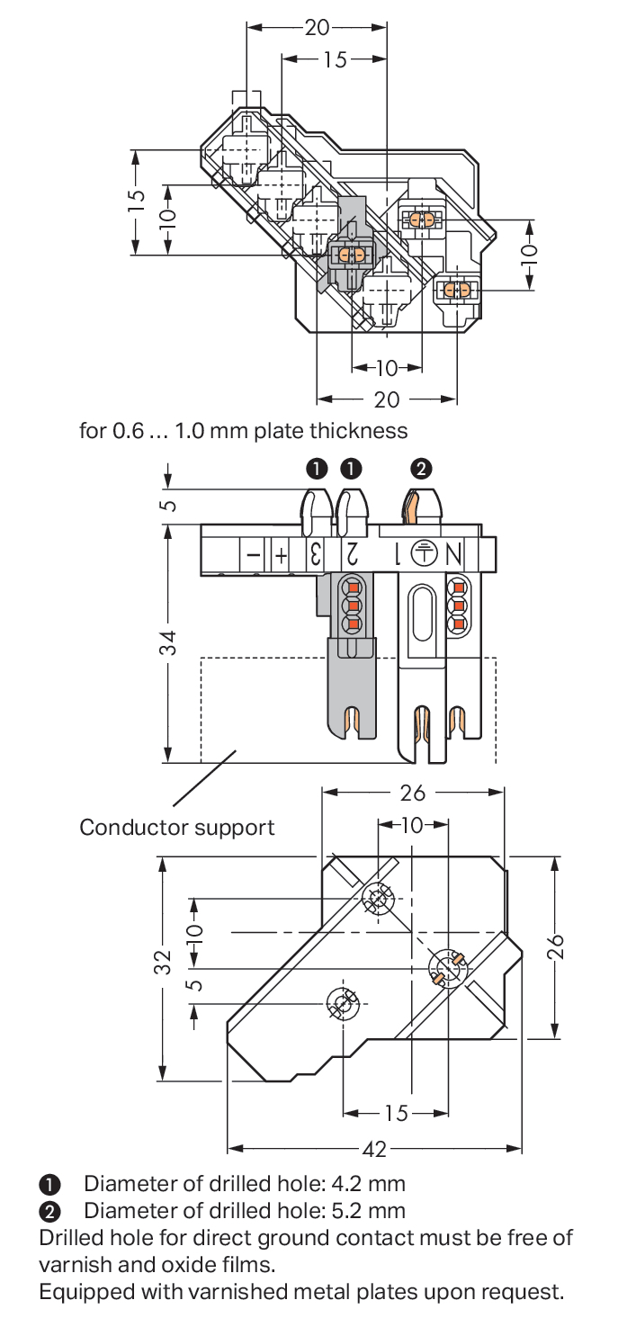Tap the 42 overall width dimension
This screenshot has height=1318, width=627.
pos(374,1149)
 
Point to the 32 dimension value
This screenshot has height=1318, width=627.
pos(162,962)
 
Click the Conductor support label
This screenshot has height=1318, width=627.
pos(177,827)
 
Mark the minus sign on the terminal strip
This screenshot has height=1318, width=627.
pos(254,555)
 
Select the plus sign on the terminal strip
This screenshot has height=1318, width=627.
pos(282,555)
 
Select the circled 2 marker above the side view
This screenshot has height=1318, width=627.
pos(420,468)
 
